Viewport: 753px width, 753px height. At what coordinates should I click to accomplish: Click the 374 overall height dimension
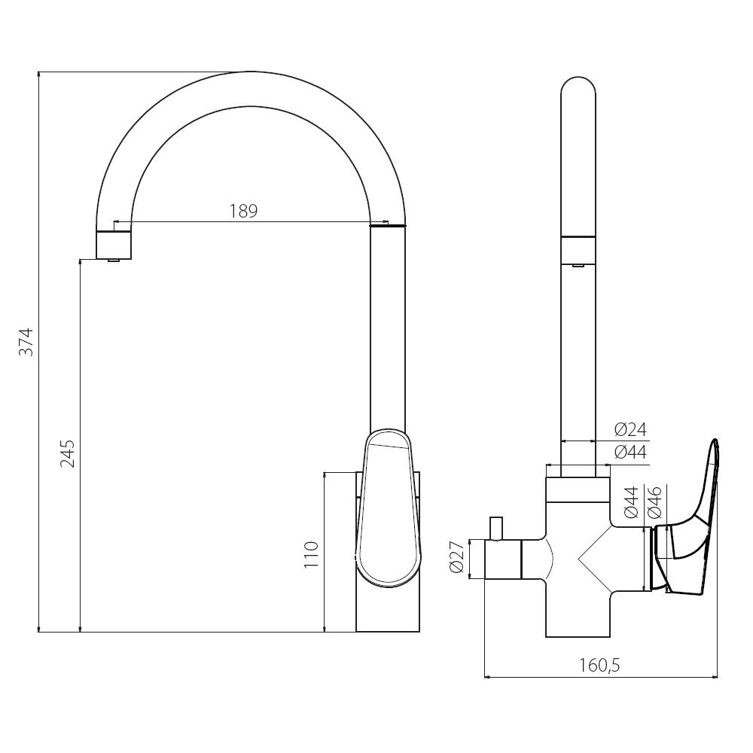(x=26, y=341)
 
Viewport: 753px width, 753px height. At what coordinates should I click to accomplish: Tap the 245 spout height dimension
(x=68, y=454)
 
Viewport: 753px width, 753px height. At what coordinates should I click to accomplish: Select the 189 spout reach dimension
(x=243, y=212)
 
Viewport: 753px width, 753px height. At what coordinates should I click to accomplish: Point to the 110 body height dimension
(x=311, y=555)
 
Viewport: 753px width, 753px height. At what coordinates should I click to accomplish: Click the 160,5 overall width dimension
(x=600, y=665)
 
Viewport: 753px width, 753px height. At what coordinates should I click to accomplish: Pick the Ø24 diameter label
(x=630, y=429)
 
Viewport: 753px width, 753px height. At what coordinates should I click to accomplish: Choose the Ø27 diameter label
(x=457, y=556)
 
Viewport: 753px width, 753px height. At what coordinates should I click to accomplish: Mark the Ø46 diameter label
(x=655, y=502)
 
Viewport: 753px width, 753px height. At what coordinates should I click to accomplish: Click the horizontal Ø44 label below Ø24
(x=630, y=453)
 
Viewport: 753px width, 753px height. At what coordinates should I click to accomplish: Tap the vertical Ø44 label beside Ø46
(x=631, y=502)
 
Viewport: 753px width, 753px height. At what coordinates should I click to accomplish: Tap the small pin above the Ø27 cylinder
(x=495, y=529)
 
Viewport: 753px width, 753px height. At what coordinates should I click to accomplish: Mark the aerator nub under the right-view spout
(x=578, y=265)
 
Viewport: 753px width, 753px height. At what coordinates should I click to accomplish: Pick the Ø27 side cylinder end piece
(x=502, y=559)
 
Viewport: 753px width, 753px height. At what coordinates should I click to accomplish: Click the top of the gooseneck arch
(x=252, y=73)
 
